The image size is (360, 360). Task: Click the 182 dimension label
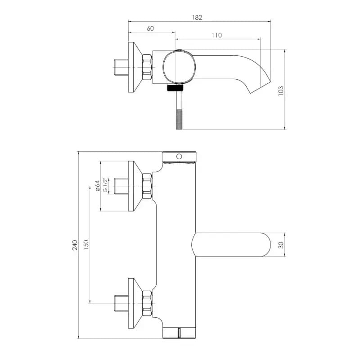(197, 18)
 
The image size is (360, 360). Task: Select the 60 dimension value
(150, 29)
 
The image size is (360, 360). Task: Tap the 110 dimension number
(217, 35)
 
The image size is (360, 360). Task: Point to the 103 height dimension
(281, 91)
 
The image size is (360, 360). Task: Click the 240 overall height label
(75, 245)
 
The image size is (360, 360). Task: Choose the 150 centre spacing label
(86, 245)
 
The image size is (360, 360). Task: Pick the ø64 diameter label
(98, 186)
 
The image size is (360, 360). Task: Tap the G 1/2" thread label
(105, 185)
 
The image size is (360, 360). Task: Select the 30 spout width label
(281, 245)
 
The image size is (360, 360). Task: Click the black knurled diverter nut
(175, 87)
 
